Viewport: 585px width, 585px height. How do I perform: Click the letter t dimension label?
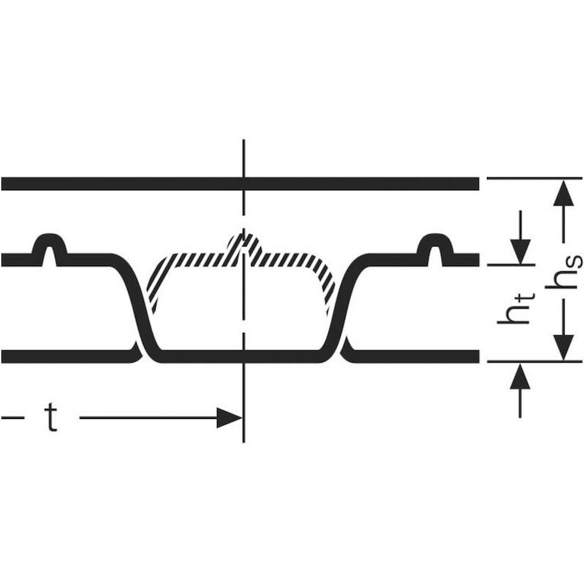tap(52, 418)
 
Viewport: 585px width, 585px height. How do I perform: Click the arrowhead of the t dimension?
tap(230, 418)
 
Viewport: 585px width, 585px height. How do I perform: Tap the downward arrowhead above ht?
tap(521, 252)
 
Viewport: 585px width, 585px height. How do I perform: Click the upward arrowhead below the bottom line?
tap(520, 377)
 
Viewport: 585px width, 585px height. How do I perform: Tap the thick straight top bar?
tap(241, 184)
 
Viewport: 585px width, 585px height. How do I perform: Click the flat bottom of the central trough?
tap(241, 357)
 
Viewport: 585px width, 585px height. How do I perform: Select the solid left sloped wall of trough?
tap(135, 306)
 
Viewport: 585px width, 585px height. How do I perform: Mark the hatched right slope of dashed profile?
tap(324, 284)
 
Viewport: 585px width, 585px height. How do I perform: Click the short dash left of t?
tap(12, 418)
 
